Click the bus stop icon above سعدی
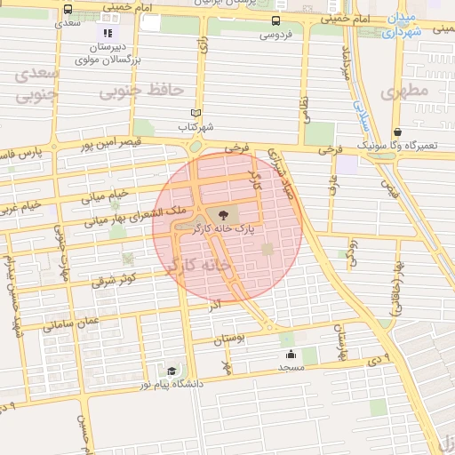click(68, 9)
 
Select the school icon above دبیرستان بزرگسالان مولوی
click(108, 33)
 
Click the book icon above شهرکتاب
click(196, 114)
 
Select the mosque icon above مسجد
click(291, 354)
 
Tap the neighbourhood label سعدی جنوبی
click(37, 83)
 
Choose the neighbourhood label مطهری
click(404, 91)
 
